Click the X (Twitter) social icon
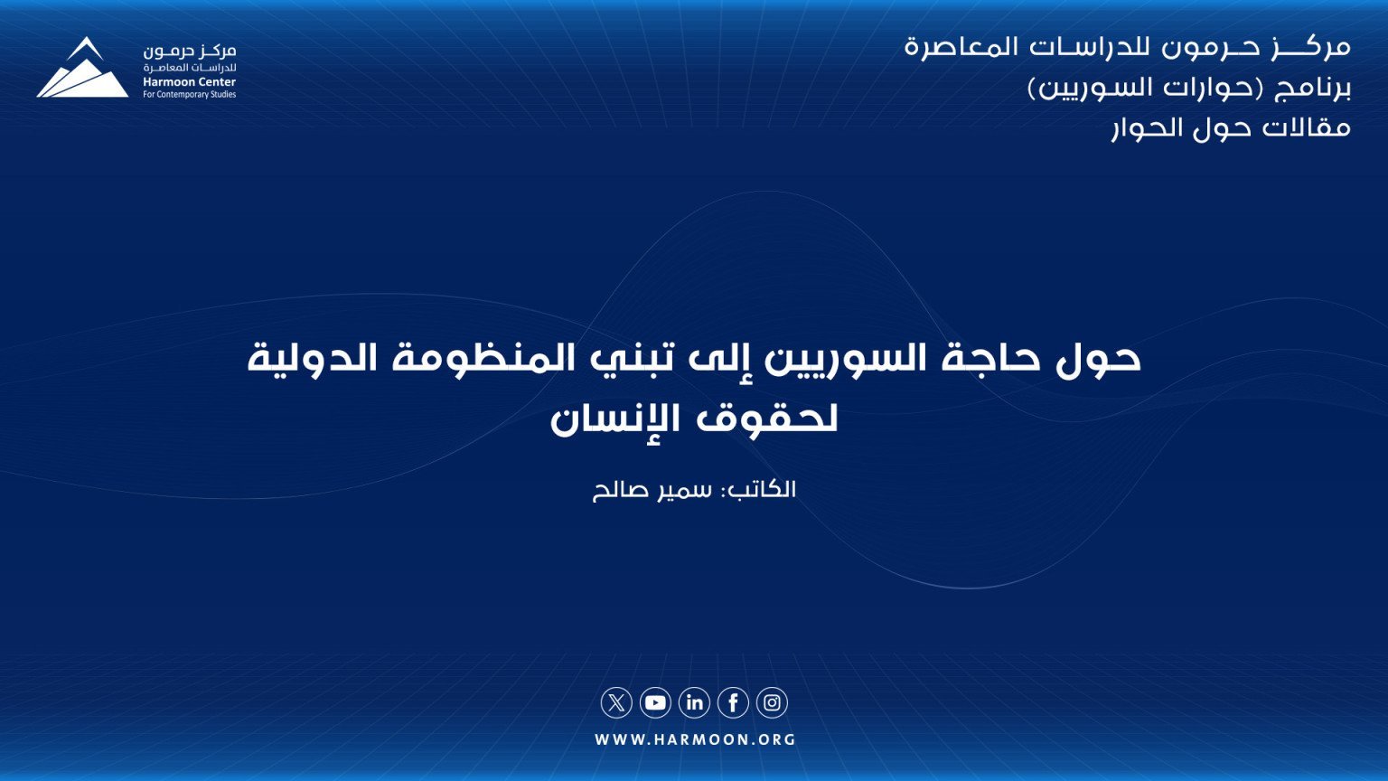[616, 703]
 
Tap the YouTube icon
[655, 703]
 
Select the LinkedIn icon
[695, 703]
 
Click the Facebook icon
[733, 703]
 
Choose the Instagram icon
[772, 703]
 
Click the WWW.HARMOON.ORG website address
[695, 739]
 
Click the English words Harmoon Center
[189, 82]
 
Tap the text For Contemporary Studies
[189, 95]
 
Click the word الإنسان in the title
[600, 419]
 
